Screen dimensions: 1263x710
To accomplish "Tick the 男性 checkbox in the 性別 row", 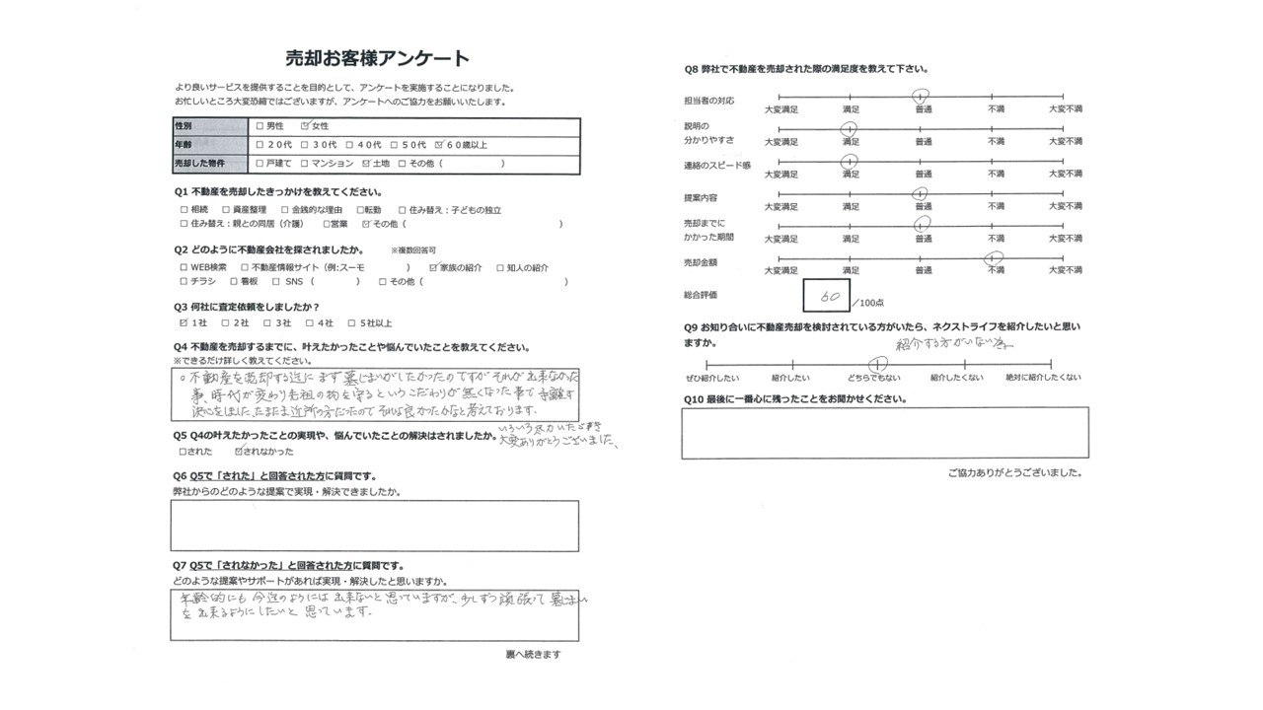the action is [260, 127].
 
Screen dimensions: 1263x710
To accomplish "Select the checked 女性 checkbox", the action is [306, 127].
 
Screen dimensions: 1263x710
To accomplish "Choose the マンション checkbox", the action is [305, 163].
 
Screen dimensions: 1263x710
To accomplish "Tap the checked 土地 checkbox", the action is [367, 163].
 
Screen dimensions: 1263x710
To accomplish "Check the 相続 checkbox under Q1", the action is [184, 210].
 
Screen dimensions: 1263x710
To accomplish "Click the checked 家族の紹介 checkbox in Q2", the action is [432, 267].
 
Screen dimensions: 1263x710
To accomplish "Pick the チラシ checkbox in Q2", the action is [184, 282].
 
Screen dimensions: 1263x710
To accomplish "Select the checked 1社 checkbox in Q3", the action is [184, 322].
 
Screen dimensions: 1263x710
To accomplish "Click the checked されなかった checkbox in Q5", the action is [239, 451].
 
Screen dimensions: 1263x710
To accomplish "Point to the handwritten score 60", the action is [828, 295].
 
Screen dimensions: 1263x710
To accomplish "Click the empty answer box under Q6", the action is [374, 526].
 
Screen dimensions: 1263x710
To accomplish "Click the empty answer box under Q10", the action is [884, 433].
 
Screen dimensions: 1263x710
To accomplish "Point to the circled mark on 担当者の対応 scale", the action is [921, 97].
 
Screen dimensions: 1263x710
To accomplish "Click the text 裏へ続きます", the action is [533, 655].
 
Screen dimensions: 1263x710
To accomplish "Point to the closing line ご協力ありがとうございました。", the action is [1014, 473].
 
